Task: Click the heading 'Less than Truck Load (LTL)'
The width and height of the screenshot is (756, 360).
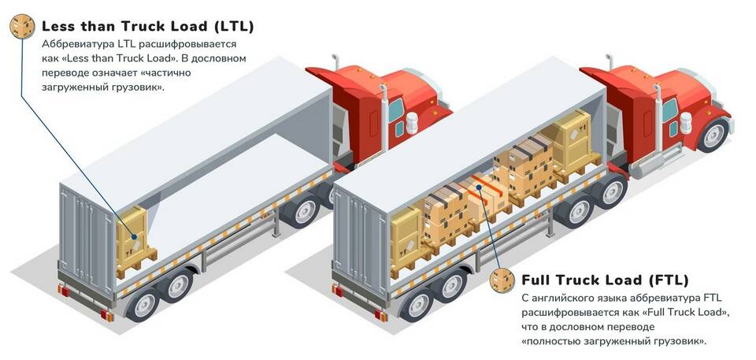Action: click(147, 26)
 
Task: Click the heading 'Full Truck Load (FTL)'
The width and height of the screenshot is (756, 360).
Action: click(605, 280)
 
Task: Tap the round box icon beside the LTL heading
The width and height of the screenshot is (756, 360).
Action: click(21, 27)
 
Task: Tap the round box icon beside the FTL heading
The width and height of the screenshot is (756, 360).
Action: click(502, 280)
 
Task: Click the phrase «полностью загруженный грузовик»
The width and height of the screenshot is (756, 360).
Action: click(614, 341)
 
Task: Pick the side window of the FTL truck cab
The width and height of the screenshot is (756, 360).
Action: click(669, 110)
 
